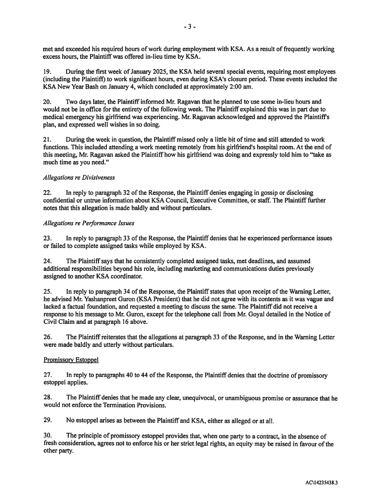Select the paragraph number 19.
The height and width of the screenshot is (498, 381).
pyautogui.click(x=48, y=72)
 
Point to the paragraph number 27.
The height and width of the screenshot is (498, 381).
pyautogui.click(x=48, y=375)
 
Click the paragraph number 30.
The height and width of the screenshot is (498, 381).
pyautogui.click(x=48, y=436)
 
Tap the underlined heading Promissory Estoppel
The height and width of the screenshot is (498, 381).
pyautogui.click(x=72, y=360)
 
